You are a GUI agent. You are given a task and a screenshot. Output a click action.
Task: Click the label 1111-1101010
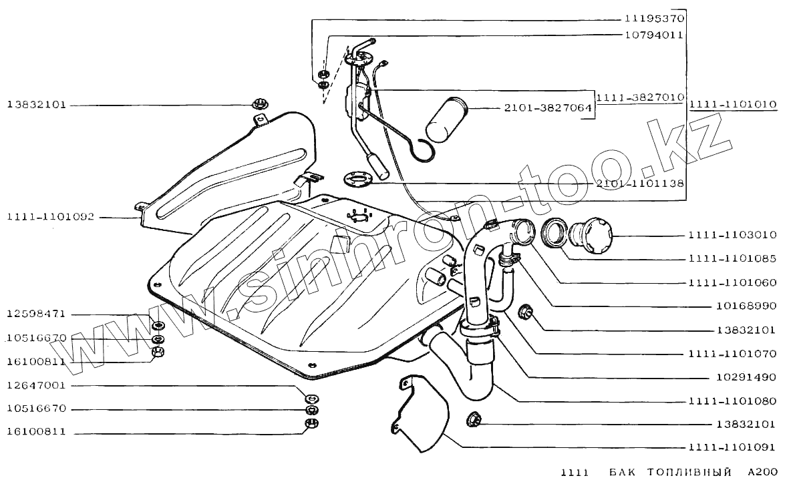(x=733, y=105)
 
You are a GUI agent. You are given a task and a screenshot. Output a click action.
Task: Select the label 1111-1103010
(x=732, y=236)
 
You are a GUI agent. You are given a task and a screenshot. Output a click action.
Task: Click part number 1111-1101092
(x=51, y=217)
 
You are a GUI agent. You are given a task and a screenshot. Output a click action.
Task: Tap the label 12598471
(x=37, y=314)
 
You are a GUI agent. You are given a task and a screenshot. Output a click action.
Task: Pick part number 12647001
(x=37, y=386)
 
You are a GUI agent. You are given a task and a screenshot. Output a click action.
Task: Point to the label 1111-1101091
(x=732, y=447)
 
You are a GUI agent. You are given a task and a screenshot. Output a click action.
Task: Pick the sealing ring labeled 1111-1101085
(x=554, y=234)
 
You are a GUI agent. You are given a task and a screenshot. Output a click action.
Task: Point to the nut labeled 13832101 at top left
(x=258, y=104)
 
